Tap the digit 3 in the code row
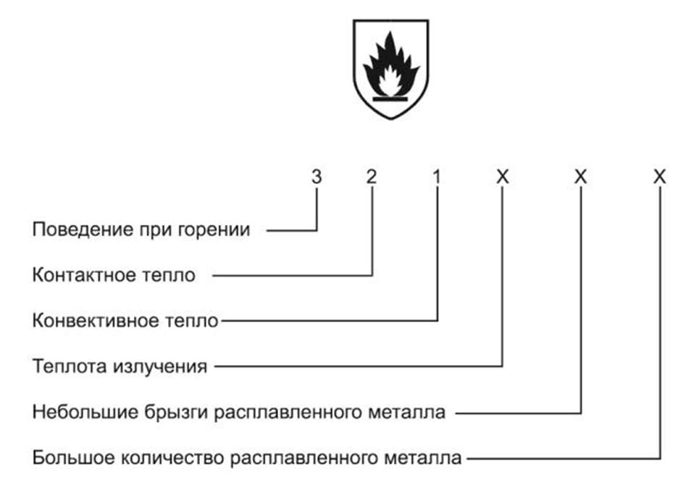point(317,176)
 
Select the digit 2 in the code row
point(371,176)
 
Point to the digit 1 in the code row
point(437,176)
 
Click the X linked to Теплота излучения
point(502,176)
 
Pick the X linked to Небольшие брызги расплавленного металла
point(579,176)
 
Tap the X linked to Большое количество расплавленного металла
point(658,176)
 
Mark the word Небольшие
point(75,413)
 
